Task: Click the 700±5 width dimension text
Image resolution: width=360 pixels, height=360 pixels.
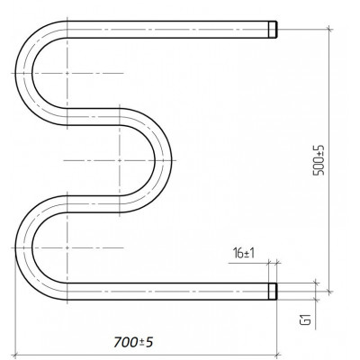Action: click(x=133, y=342)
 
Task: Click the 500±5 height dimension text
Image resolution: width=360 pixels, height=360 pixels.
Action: click(x=319, y=160)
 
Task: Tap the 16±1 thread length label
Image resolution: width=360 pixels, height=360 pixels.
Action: click(x=244, y=254)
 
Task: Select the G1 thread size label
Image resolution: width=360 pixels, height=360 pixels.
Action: click(x=306, y=319)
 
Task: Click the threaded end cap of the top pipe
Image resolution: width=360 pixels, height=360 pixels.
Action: click(x=273, y=30)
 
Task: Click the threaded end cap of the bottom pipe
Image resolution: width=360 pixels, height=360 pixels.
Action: click(x=273, y=292)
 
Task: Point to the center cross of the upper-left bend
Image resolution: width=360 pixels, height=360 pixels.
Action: click(x=67, y=73)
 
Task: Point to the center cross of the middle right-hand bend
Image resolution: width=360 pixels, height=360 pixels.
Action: click(x=120, y=160)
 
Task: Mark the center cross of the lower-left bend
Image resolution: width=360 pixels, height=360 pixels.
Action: click(x=67, y=247)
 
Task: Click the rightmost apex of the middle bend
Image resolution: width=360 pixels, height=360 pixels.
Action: click(x=172, y=160)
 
